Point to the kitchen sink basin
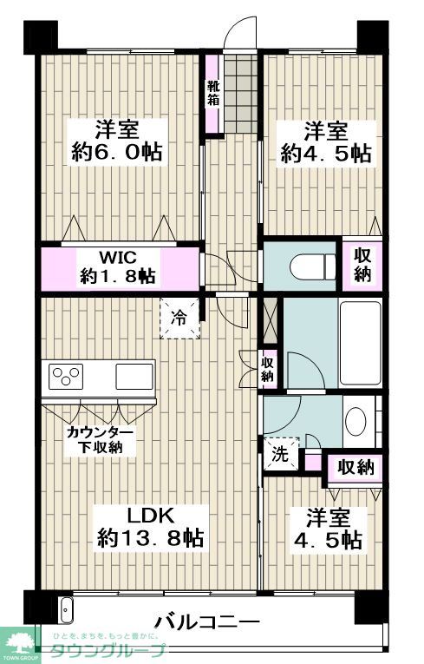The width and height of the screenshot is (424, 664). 134,378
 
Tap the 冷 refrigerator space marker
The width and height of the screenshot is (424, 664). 179,319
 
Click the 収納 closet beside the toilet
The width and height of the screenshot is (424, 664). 362,264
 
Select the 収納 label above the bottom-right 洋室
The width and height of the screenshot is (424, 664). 356,467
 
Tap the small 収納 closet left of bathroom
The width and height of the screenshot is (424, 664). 267,369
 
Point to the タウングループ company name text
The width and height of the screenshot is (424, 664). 107,650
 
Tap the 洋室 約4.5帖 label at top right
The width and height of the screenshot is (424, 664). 326,142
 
